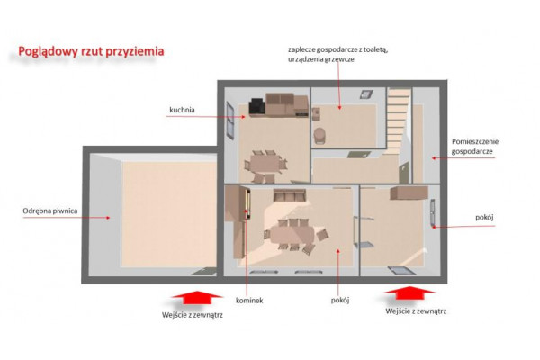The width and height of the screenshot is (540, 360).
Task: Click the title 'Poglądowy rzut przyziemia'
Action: click(x=91, y=51)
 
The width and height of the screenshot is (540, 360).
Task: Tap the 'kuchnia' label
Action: click(x=182, y=110)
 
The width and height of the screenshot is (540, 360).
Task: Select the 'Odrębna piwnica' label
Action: click(x=49, y=211)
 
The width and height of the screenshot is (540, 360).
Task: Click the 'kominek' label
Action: click(x=249, y=301)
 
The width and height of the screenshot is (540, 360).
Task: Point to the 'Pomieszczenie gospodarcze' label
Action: click(x=475, y=147)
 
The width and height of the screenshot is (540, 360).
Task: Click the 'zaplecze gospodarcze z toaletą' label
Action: click(x=338, y=49)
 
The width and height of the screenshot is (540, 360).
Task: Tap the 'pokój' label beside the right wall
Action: click(x=484, y=218)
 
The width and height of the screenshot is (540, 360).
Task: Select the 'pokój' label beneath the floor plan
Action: click(x=340, y=301)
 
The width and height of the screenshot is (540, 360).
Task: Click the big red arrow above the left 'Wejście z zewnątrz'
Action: click(x=196, y=298)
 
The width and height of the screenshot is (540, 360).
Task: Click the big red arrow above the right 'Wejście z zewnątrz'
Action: click(x=409, y=293)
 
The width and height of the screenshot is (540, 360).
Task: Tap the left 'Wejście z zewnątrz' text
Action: click(x=193, y=315)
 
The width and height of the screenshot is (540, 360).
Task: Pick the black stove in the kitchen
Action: click(x=257, y=107)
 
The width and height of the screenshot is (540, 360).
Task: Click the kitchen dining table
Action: click(x=265, y=164)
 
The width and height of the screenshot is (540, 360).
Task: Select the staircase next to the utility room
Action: click(x=399, y=121)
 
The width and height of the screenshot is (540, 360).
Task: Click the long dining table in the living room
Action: click(x=292, y=235)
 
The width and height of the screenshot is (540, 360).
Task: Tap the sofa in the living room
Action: click(x=290, y=195)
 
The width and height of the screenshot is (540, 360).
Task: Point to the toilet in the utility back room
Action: click(x=319, y=136)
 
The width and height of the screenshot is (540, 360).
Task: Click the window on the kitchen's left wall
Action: click(x=230, y=121)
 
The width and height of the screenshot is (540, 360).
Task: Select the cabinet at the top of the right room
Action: click(x=409, y=193)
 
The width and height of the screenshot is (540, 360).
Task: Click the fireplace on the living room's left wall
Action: click(x=247, y=204)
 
